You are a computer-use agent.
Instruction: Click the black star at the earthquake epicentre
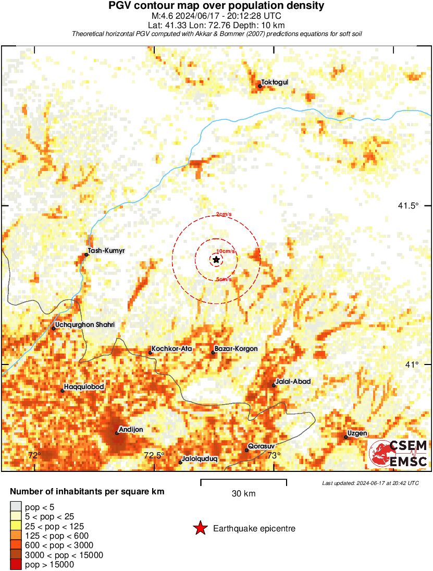pos(216,259)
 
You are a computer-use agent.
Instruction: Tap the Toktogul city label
pos(275,82)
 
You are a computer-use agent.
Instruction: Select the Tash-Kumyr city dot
pos(86,254)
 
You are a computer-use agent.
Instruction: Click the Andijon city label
pos(131,430)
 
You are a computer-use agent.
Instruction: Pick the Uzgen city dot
pos(346,437)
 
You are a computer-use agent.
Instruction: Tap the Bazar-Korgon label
pos(236,348)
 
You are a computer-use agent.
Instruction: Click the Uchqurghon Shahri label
pos(84,325)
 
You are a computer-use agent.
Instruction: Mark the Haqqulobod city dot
pos(62,391)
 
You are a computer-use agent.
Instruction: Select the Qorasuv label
pos(261,446)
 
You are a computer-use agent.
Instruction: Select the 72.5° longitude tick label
pos(154,455)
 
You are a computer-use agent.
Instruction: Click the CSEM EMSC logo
pos(399,454)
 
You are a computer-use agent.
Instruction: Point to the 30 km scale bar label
pos(243,494)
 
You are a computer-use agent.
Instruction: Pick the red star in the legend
pos(200,529)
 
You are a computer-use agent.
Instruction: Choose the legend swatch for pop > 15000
pos(16,565)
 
